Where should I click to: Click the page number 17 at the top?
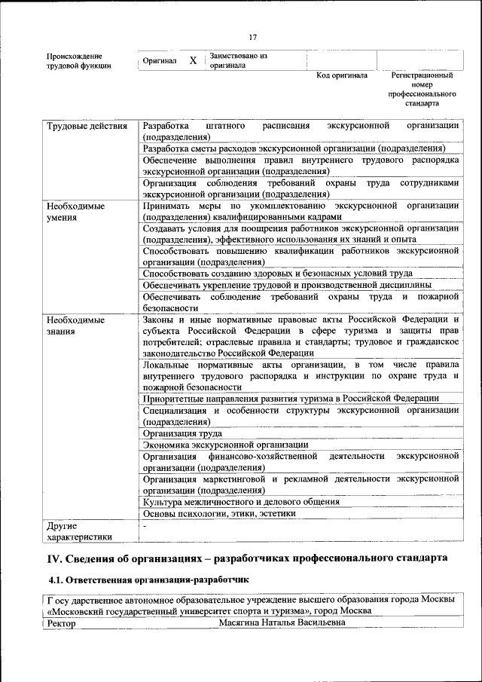tap(253, 38)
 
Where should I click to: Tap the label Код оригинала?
tap(342, 75)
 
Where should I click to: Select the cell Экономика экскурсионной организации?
tap(225, 445)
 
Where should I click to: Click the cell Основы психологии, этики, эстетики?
tap(219, 513)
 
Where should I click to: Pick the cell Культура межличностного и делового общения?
tap(241, 501)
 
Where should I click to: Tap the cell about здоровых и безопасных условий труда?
tap(288, 274)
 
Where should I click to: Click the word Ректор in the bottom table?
tap(62, 623)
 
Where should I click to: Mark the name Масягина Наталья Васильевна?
tap(282, 623)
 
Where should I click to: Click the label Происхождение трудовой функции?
tap(79, 61)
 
